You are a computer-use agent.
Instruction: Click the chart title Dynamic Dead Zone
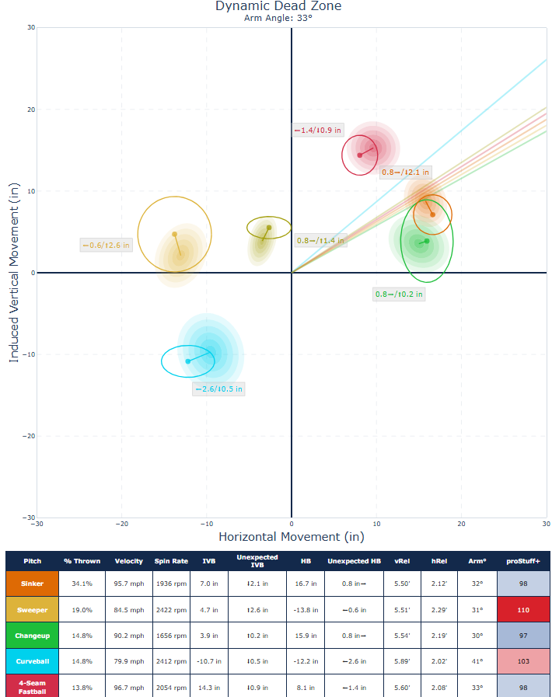click(278, 6)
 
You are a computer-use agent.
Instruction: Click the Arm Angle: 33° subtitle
click(278, 17)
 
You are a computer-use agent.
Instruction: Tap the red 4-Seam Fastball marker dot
click(359, 155)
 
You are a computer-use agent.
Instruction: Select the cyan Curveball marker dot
click(188, 361)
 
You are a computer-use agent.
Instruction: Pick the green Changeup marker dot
click(427, 241)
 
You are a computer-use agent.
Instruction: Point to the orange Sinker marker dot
click(433, 214)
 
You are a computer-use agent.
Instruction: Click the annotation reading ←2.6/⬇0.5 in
click(218, 389)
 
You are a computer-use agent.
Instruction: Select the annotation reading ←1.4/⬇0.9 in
click(317, 131)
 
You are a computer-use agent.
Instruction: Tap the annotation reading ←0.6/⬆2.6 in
click(107, 246)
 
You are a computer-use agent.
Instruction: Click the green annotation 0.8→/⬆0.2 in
click(400, 294)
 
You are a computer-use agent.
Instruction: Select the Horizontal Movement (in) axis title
click(291, 537)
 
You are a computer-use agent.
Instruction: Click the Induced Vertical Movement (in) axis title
click(14, 273)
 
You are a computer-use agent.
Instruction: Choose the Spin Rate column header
click(171, 561)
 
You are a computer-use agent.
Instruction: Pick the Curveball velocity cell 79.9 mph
click(128, 661)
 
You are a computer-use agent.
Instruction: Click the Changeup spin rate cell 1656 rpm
click(171, 636)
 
